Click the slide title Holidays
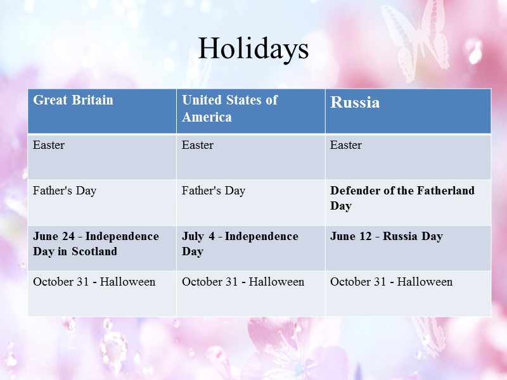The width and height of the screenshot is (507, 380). (x=253, y=49)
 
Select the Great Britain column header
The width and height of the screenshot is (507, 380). (x=73, y=100)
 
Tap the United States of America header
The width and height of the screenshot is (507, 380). (x=229, y=108)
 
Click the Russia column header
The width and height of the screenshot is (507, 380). (x=355, y=103)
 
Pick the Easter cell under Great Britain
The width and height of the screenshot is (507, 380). (x=49, y=145)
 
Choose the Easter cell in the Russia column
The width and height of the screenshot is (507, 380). (x=346, y=145)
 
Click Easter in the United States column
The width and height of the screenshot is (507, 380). (x=198, y=145)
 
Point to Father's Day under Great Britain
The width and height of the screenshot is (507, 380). (x=65, y=191)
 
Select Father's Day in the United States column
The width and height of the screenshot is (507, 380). (x=214, y=191)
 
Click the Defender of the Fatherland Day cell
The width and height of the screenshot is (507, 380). (x=402, y=198)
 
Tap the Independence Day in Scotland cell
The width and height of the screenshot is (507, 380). (x=96, y=244)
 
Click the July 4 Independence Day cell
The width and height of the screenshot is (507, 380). (x=240, y=244)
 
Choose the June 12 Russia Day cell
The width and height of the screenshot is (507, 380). (x=387, y=236)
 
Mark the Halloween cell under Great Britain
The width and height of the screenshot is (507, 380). (x=94, y=282)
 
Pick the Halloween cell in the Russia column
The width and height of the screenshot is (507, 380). (x=391, y=282)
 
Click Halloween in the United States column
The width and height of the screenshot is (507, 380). (x=243, y=282)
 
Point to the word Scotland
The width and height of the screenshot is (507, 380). (x=94, y=251)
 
